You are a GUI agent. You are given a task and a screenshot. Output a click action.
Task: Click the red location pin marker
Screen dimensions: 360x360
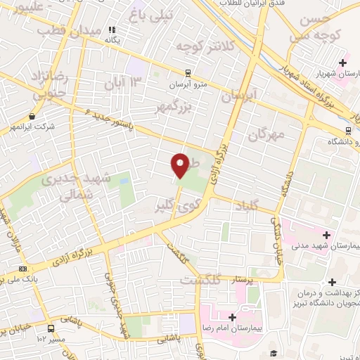(x=181, y=165)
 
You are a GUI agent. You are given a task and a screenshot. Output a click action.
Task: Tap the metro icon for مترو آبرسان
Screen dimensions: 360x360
(x=188, y=72)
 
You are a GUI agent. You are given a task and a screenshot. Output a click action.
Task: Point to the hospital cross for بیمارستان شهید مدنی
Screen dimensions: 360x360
(x=326, y=234)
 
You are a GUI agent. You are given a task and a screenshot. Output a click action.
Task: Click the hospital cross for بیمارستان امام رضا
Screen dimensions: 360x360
(x=232, y=317)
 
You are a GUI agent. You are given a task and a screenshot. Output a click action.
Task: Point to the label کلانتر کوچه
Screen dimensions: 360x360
(x=203, y=46)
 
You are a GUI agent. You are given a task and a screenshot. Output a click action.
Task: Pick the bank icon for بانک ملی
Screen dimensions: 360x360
(x=23, y=269)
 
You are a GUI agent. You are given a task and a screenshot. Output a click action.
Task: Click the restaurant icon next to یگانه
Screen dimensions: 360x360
(x=111, y=30)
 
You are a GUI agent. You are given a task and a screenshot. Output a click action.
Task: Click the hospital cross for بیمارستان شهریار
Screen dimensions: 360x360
(x=342, y=63)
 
